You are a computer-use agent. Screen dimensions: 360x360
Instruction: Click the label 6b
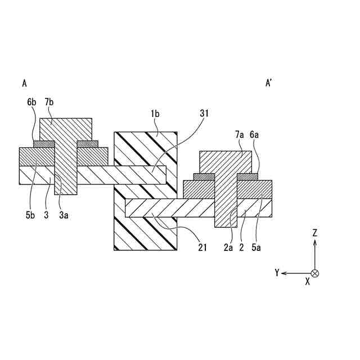tap(31, 102)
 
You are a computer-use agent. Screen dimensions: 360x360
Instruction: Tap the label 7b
tap(49, 102)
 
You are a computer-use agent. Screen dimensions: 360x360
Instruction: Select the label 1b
tap(155, 114)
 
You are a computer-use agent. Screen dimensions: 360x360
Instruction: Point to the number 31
tap(204, 113)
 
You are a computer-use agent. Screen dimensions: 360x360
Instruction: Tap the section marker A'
tap(269, 83)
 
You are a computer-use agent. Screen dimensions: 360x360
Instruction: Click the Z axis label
tap(315, 232)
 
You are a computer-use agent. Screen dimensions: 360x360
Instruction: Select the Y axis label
tap(277, 273)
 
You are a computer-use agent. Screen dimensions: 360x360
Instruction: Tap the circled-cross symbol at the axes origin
tap(315, 273)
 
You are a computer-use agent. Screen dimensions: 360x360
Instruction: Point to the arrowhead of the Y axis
tap(285, 273)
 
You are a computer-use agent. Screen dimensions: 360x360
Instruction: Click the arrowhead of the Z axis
tap(315, 242)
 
